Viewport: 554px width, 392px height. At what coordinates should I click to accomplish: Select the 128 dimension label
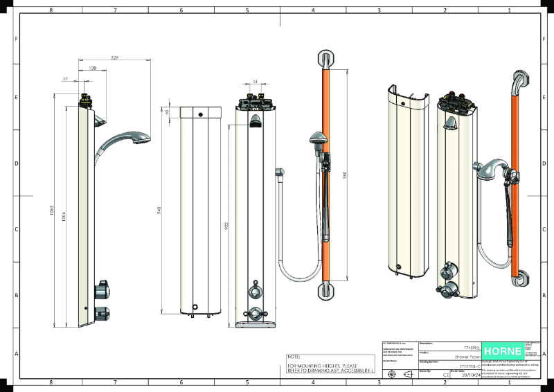(93, 69)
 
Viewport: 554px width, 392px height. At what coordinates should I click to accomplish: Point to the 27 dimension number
(66, 79)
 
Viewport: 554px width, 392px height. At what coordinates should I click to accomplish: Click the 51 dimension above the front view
(255, 82)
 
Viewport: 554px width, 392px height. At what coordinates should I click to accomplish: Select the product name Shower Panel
(463, 353)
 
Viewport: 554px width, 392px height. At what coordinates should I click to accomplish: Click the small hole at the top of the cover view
(200, 114)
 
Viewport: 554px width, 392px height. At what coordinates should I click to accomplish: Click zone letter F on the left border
(17, 39)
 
